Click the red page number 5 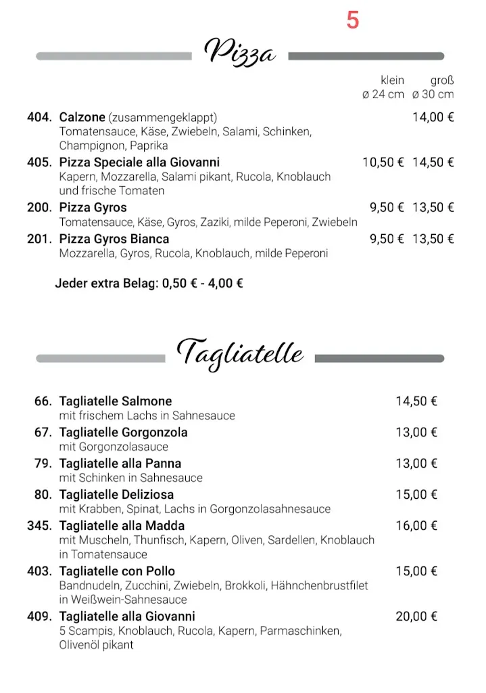point(352,21)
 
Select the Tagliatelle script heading point(240,353)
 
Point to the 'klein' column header point(392,80)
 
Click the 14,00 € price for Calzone point(433,117)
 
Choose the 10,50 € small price point(383,162)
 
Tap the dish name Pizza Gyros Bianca point(114,239)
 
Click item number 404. point(39,117)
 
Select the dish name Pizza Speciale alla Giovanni point(139,162)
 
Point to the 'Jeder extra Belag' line point(149,284)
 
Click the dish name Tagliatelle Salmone point(116,401)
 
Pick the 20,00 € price point(416,617)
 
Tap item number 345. point(39,526)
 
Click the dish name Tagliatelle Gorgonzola point(123,432)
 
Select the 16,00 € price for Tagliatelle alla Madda point(416,526)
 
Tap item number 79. point(43,464)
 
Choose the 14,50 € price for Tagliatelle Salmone point(416,401)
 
